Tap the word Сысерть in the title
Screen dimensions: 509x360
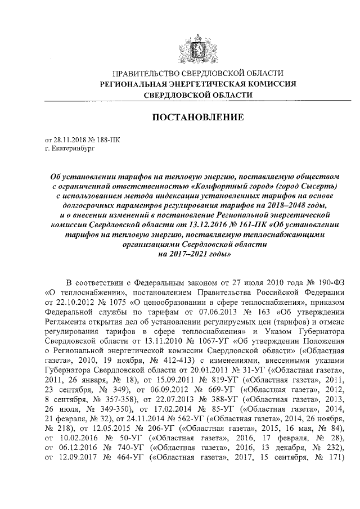click(x=316, y=186)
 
